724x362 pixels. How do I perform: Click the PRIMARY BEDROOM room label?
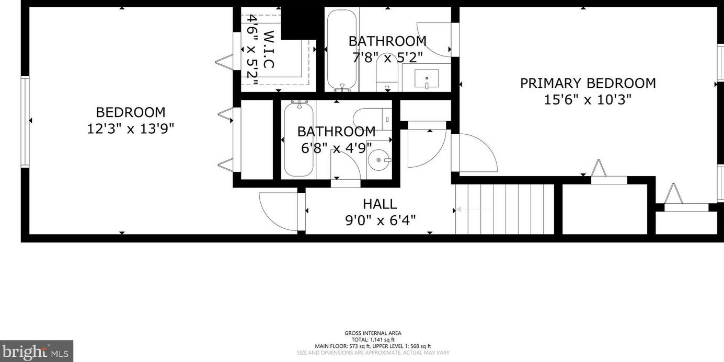[588, 83]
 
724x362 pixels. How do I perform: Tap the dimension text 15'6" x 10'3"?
[588, 99]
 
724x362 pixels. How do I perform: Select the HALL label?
[380, 204]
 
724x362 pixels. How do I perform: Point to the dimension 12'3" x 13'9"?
[130, 128]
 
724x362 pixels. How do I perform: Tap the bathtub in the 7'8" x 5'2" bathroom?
[342, 51]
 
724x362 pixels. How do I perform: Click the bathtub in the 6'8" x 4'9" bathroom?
[298, 139]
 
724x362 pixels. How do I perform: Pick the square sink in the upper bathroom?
[427, 78]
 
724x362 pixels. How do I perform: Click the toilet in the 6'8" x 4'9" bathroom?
[372, 119]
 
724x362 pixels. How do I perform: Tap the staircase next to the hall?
[504, 209]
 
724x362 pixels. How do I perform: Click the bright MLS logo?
[36, 351]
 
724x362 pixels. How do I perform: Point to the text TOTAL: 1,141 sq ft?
[373, 340]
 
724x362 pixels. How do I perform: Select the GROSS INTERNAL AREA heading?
[373, 333]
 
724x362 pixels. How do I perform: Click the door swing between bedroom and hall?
[280, 212]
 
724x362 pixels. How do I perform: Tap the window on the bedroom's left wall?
[25, 121]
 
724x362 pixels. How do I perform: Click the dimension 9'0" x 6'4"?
[380, 220]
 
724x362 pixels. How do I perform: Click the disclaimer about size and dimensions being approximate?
[373, 353]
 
